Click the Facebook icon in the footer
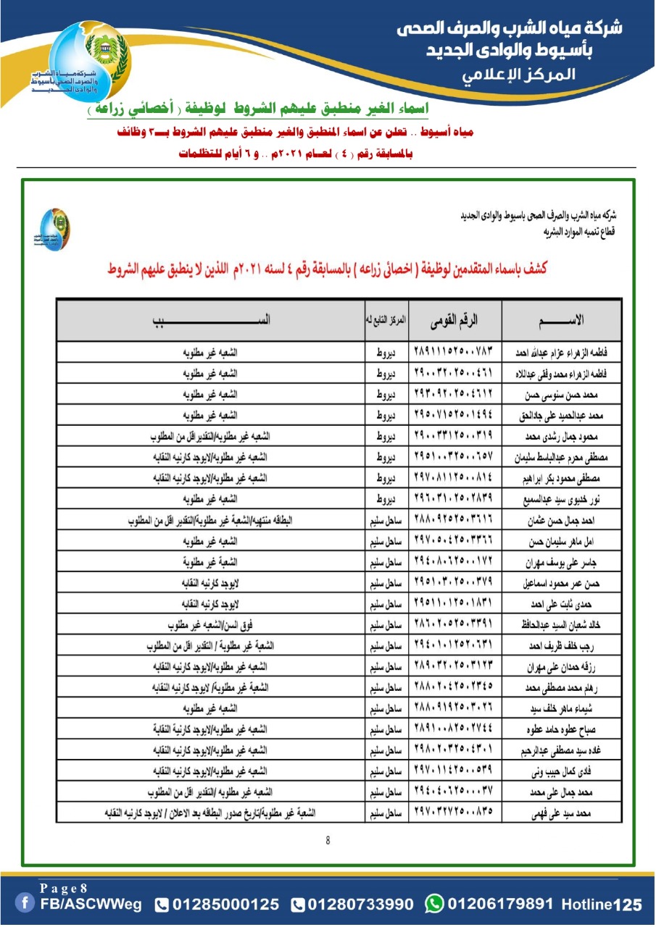26,904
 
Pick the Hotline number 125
628,905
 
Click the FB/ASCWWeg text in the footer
91,905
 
